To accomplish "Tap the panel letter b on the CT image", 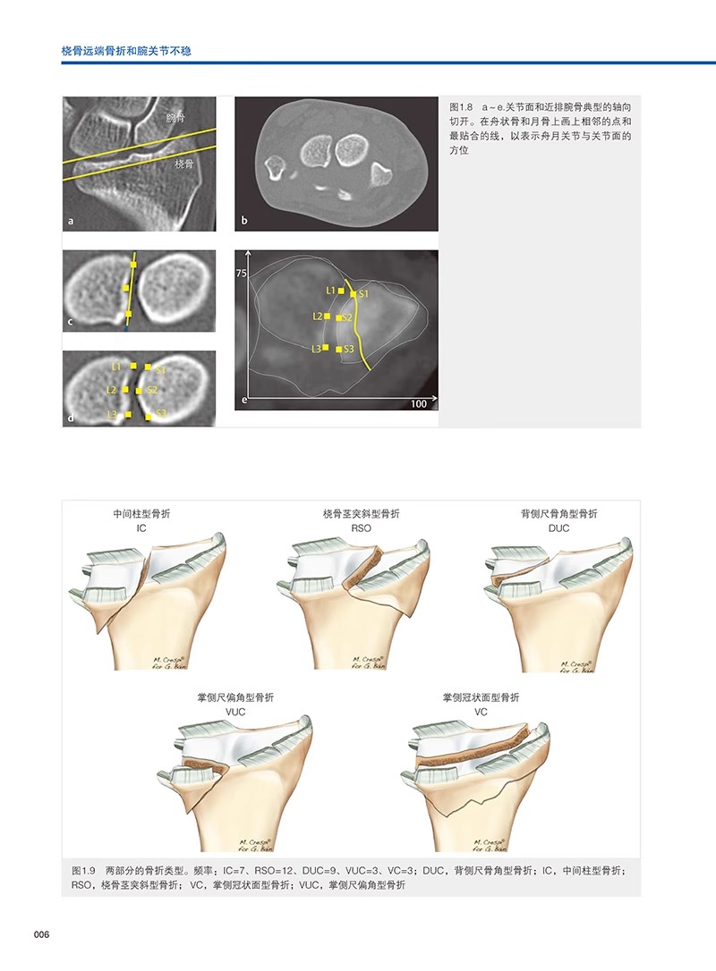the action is coord(243,220).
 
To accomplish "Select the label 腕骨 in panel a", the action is coord(175,118).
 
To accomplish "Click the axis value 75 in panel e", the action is coord(241,274).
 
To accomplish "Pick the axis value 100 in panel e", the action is coord(417,405).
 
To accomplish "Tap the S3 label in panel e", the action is coord(349,349).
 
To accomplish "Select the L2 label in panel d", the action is coord(112,391).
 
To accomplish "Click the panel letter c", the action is coord(69,320).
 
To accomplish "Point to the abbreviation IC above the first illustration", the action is coord(141,529).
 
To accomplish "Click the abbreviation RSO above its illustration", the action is coord(361,529).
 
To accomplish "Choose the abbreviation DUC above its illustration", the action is coord(558,529).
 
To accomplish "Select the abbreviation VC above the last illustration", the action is coord(481,713).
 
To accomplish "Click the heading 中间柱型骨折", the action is coord(141,514).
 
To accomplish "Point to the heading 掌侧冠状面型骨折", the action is coord(481,697).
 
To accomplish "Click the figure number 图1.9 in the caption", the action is coord(83,870).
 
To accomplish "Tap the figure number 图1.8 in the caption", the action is coord(464,106).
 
